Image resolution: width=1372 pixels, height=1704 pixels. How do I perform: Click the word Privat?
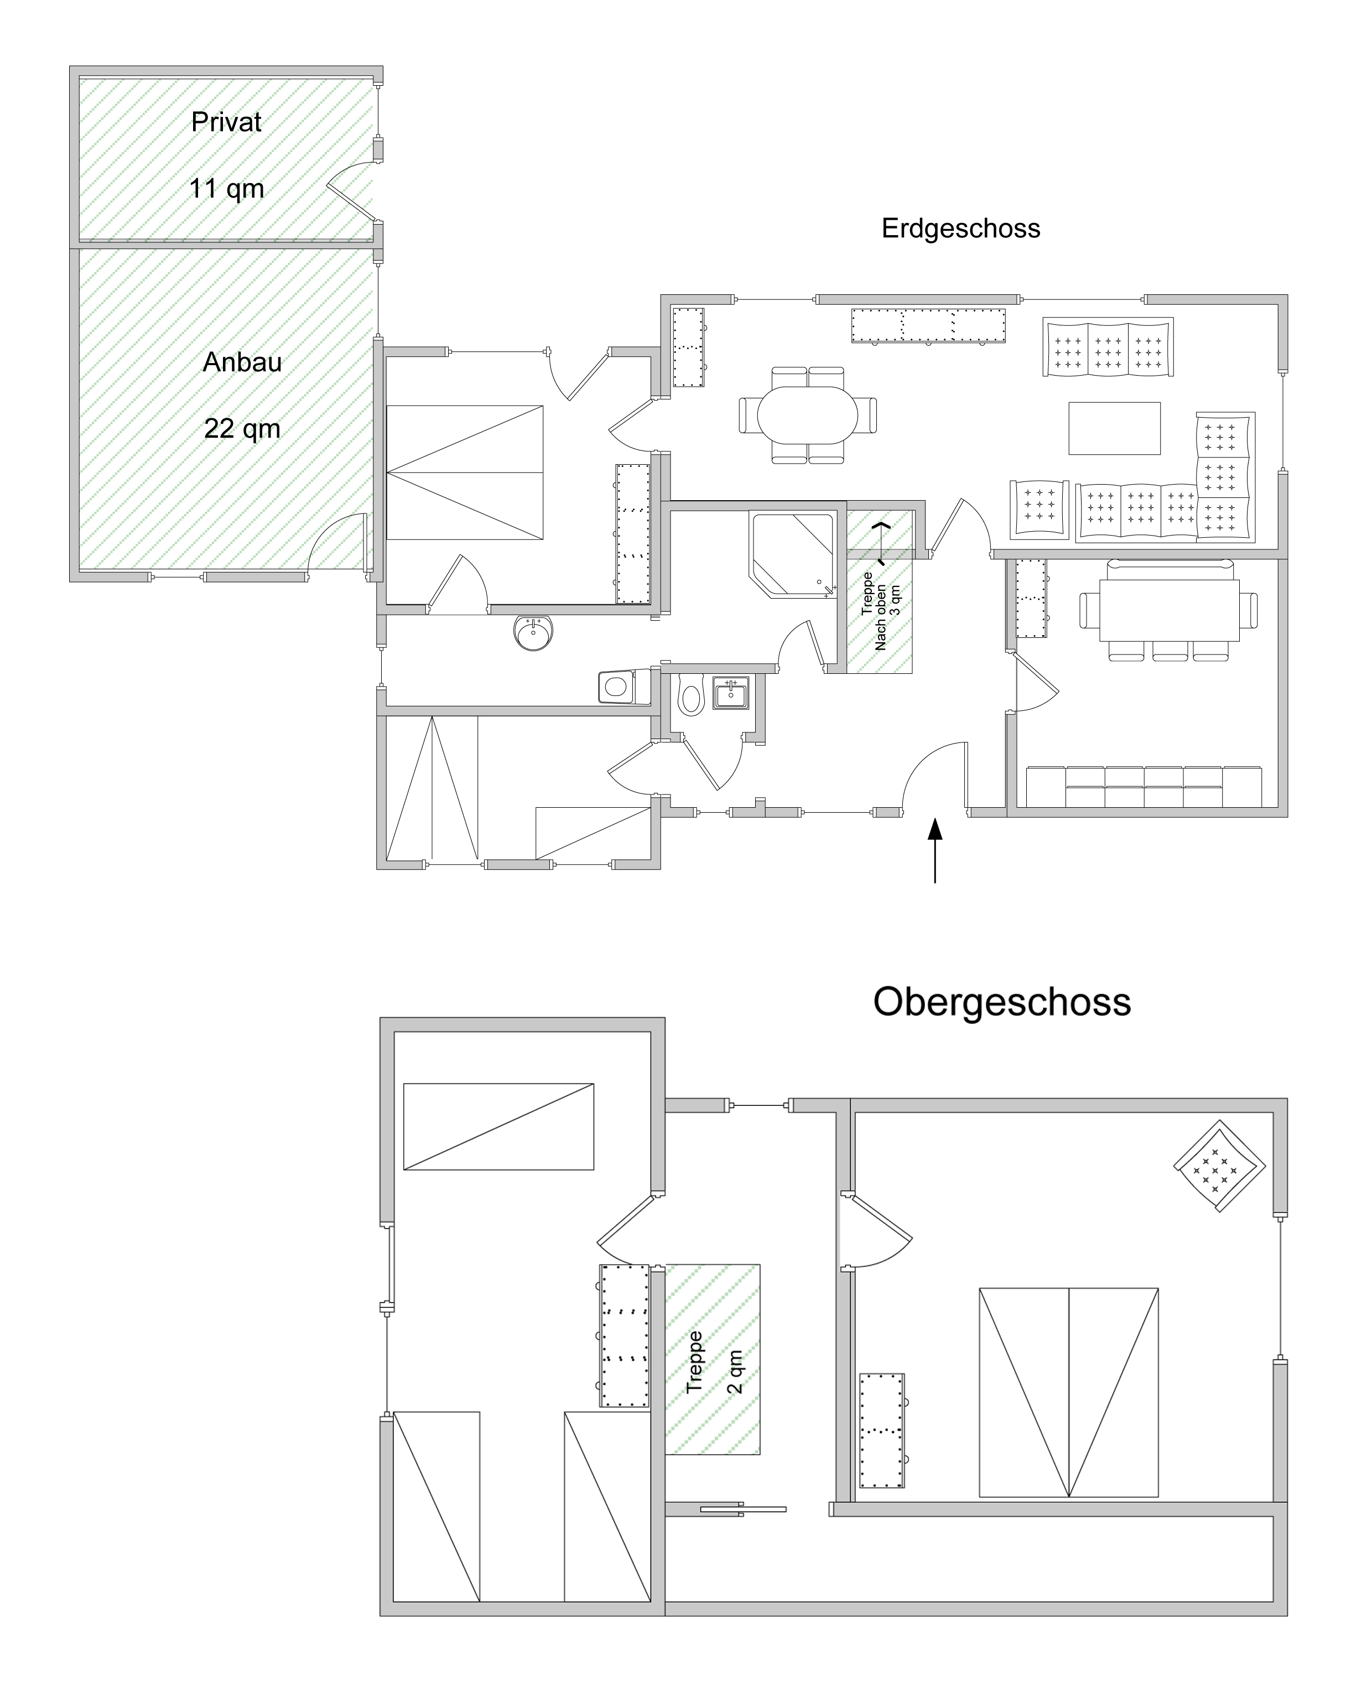click(226, 122)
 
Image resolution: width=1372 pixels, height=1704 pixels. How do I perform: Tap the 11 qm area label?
click(226, 189)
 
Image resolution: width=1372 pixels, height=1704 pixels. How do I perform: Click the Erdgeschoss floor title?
click(960, 229)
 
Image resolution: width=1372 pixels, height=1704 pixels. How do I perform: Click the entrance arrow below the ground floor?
click(935, 850)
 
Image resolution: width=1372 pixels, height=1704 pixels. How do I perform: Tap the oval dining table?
click(807, 414)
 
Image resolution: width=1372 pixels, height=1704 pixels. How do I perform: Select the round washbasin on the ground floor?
click(533, 632)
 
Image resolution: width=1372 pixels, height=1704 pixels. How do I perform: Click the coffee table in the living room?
click(1114, 428)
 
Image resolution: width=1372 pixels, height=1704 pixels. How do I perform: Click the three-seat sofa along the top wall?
click(1108, 347)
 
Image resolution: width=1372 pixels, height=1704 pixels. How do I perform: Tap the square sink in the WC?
click(730, 693)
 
